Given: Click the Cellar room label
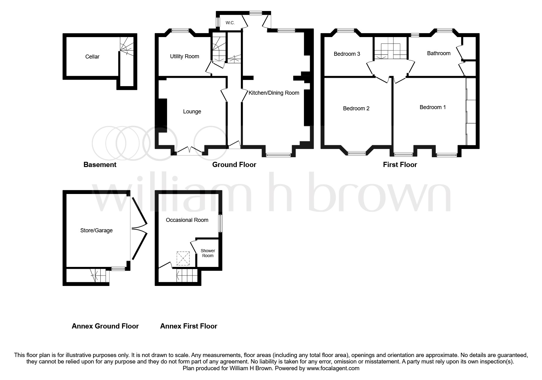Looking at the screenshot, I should pyautogui.click(x=92, y=57).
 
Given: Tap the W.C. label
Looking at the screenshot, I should pyautogui.click(x=230, y=23).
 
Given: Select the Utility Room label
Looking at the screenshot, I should pyautogui.click(x=184, y=56).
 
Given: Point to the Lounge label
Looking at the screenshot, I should pyautogui.click(x=192, y=112).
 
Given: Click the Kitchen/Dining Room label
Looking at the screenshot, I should pyautogui.click(x=274, y=93).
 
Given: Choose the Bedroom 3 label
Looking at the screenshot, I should pyautogui.click(x=347, y=54).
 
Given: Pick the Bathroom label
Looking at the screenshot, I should pyautogui.click(x=439, y=53).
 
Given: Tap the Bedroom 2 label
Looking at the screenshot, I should pyautogui.click(x=356, y=108).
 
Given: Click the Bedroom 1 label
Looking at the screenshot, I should pyautogui.click(x=432, y=107).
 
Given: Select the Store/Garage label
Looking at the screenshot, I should pyautogui.click(x=96, y=230).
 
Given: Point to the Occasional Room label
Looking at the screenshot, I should pyautogui.click(x=187, y=220).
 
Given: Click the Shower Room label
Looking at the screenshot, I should pyautogui.click(x=208, y=253).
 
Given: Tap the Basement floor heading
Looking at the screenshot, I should pyautogui.click(x=100, y=165).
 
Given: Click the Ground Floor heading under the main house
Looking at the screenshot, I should pyautogui.click(x=234, y=165).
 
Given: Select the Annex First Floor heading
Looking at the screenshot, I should pyautogui.click(x=189, y=326).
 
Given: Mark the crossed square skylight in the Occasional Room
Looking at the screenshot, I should pyautogui.click(x=183, y=258).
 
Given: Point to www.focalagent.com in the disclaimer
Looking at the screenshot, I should pyautogui.click(x=333, y=368).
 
